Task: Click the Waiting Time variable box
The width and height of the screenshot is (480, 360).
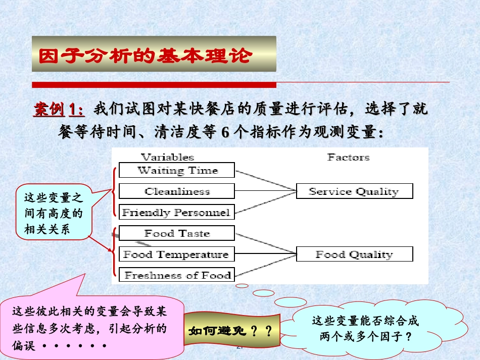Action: [176, 170]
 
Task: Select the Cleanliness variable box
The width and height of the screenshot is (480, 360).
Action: [176, 191]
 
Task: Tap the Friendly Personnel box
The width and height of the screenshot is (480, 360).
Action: [176, 212]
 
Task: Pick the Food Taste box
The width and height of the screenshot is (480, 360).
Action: [176, 233]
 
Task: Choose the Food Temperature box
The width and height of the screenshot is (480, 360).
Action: [176, 254]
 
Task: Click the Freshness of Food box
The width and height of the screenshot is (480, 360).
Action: [176, 275]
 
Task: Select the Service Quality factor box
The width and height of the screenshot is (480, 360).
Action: [354, 191]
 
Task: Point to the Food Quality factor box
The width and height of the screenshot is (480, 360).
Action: [354, 254]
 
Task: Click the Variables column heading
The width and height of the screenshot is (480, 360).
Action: [167, 157]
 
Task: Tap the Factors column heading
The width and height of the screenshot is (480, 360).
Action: [348, 157]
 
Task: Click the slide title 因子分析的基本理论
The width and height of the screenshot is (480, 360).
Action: [145, 56]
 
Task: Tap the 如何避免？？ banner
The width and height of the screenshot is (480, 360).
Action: [230, 332]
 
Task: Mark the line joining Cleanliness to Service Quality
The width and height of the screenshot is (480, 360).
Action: [265, 191]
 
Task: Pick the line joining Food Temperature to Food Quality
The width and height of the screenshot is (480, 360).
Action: [265, 253]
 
